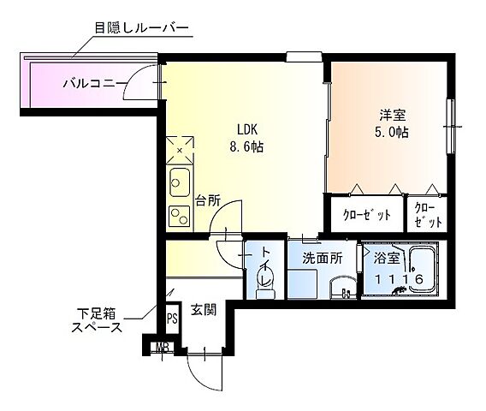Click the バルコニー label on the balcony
point(95,83)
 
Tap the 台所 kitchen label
point(207,201)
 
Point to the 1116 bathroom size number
point(395,279)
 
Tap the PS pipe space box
point(172,319)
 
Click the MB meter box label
point(161,348)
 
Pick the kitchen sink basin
point(181,182)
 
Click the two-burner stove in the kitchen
point(180,214)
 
